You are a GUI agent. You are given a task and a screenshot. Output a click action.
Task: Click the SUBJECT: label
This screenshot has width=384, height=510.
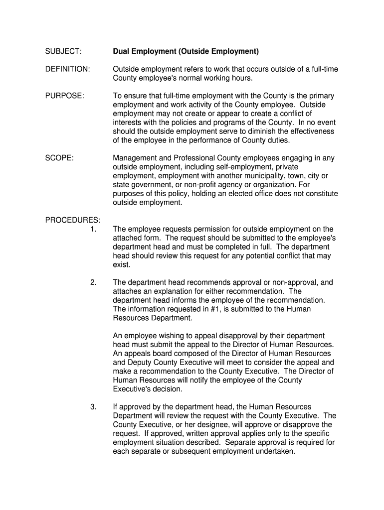63,51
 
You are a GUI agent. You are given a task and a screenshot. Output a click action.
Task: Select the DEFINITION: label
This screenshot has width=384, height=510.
67,69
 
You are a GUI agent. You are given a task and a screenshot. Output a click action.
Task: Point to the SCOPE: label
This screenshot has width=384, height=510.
59,158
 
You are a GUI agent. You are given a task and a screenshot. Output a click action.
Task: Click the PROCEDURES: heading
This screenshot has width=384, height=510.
72,220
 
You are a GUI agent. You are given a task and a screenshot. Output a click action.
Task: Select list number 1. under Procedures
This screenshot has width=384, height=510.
93,229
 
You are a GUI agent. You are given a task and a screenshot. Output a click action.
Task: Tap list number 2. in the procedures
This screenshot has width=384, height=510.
93,282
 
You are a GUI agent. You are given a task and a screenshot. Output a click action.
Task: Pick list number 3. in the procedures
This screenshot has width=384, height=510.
93,407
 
